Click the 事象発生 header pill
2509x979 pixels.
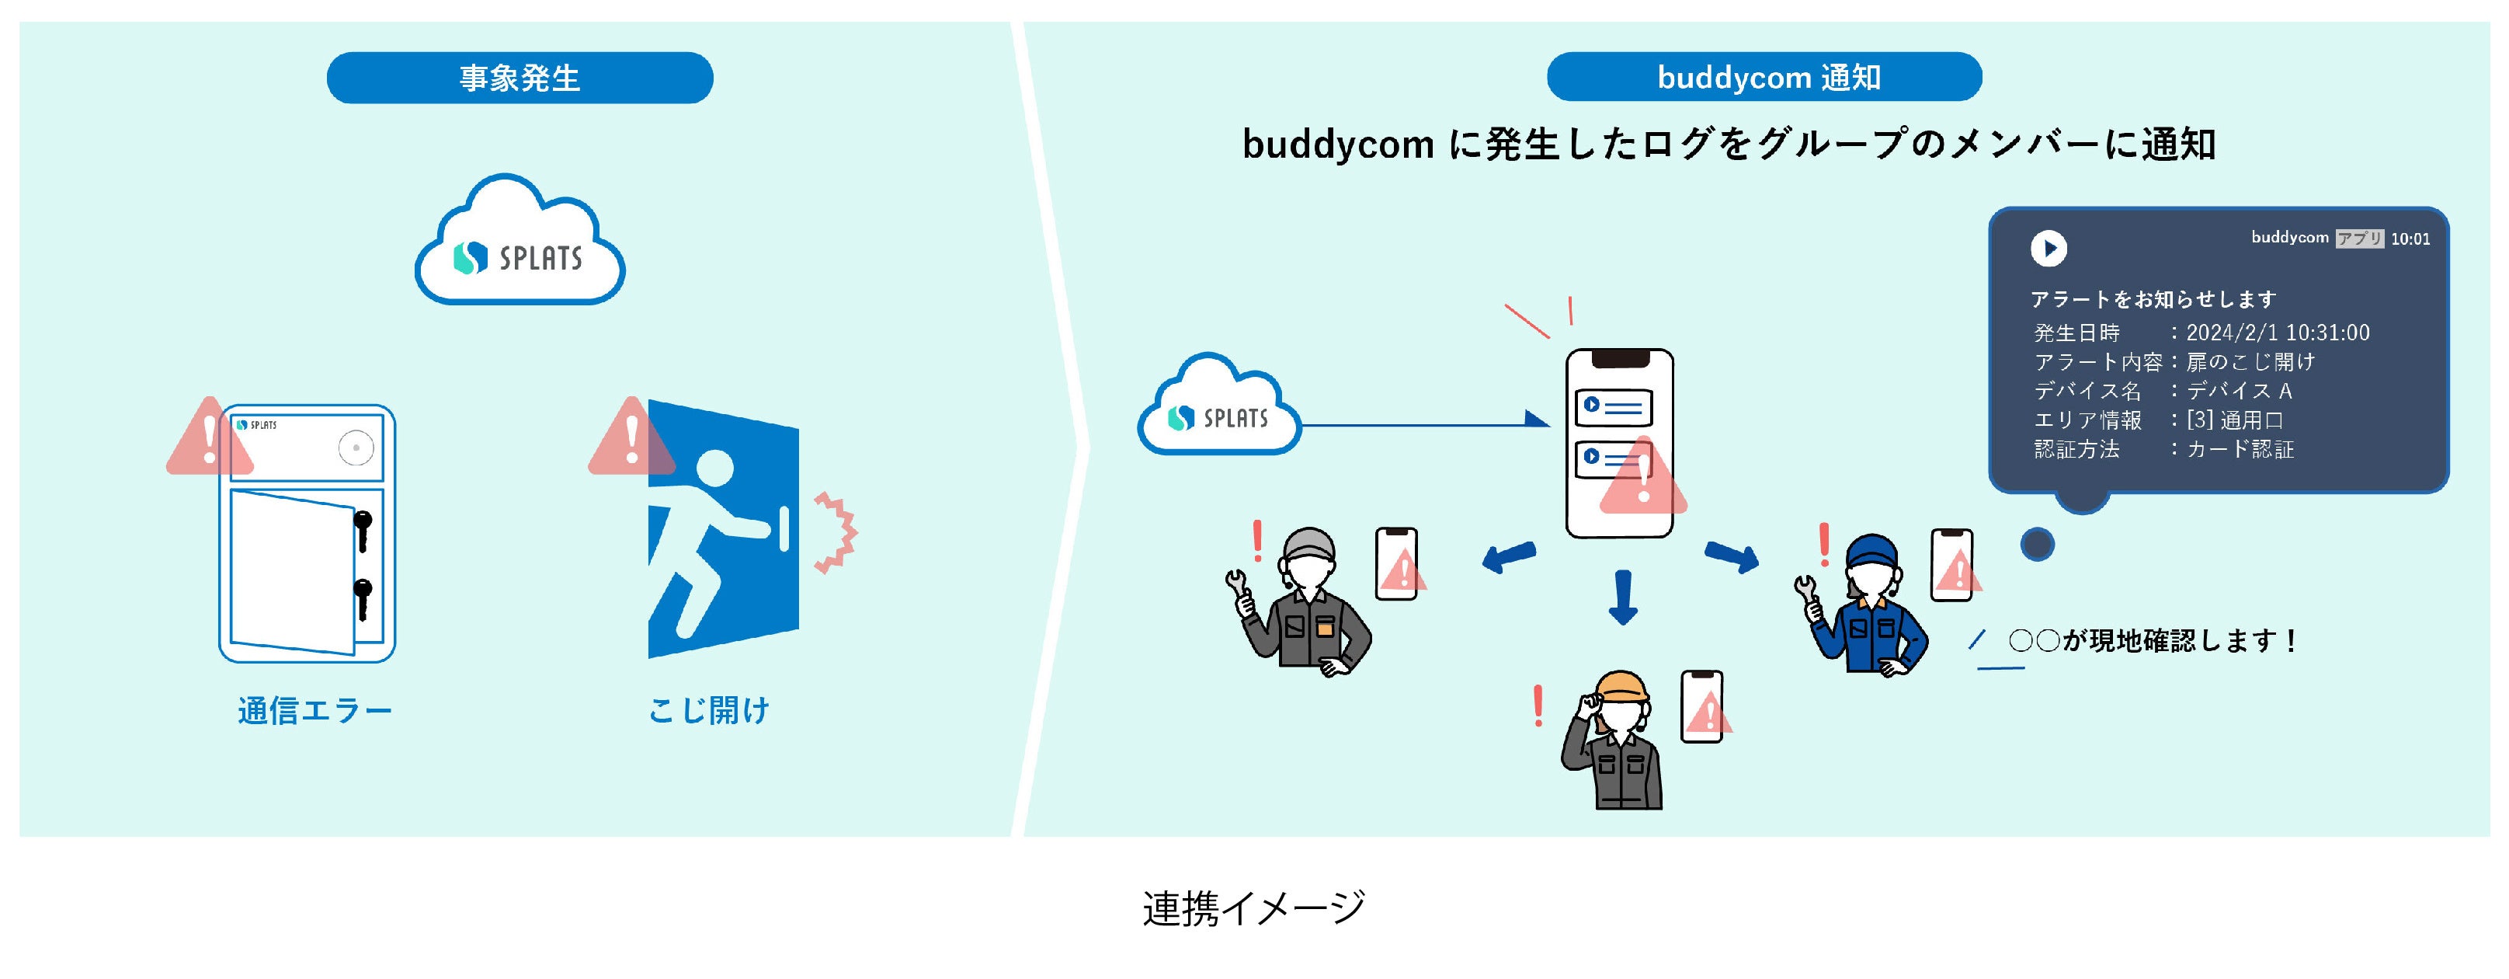point(520,78)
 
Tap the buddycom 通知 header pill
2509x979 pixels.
point(1764,77)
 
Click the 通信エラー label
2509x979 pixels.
point(314,710)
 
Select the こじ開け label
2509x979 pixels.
point(709,710)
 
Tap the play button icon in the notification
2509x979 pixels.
point(2049,249)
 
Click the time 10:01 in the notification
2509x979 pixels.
point(2410,239)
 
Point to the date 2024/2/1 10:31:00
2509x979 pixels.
point(2277,333)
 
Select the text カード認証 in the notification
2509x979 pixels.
point(2240,449)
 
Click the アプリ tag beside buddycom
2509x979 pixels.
point(2359,239)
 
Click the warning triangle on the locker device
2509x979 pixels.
point(210,437)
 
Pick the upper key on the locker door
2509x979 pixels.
point(363,527)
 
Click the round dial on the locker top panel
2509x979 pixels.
point(356,448)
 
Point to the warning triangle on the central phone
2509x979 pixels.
point(1642,480)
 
